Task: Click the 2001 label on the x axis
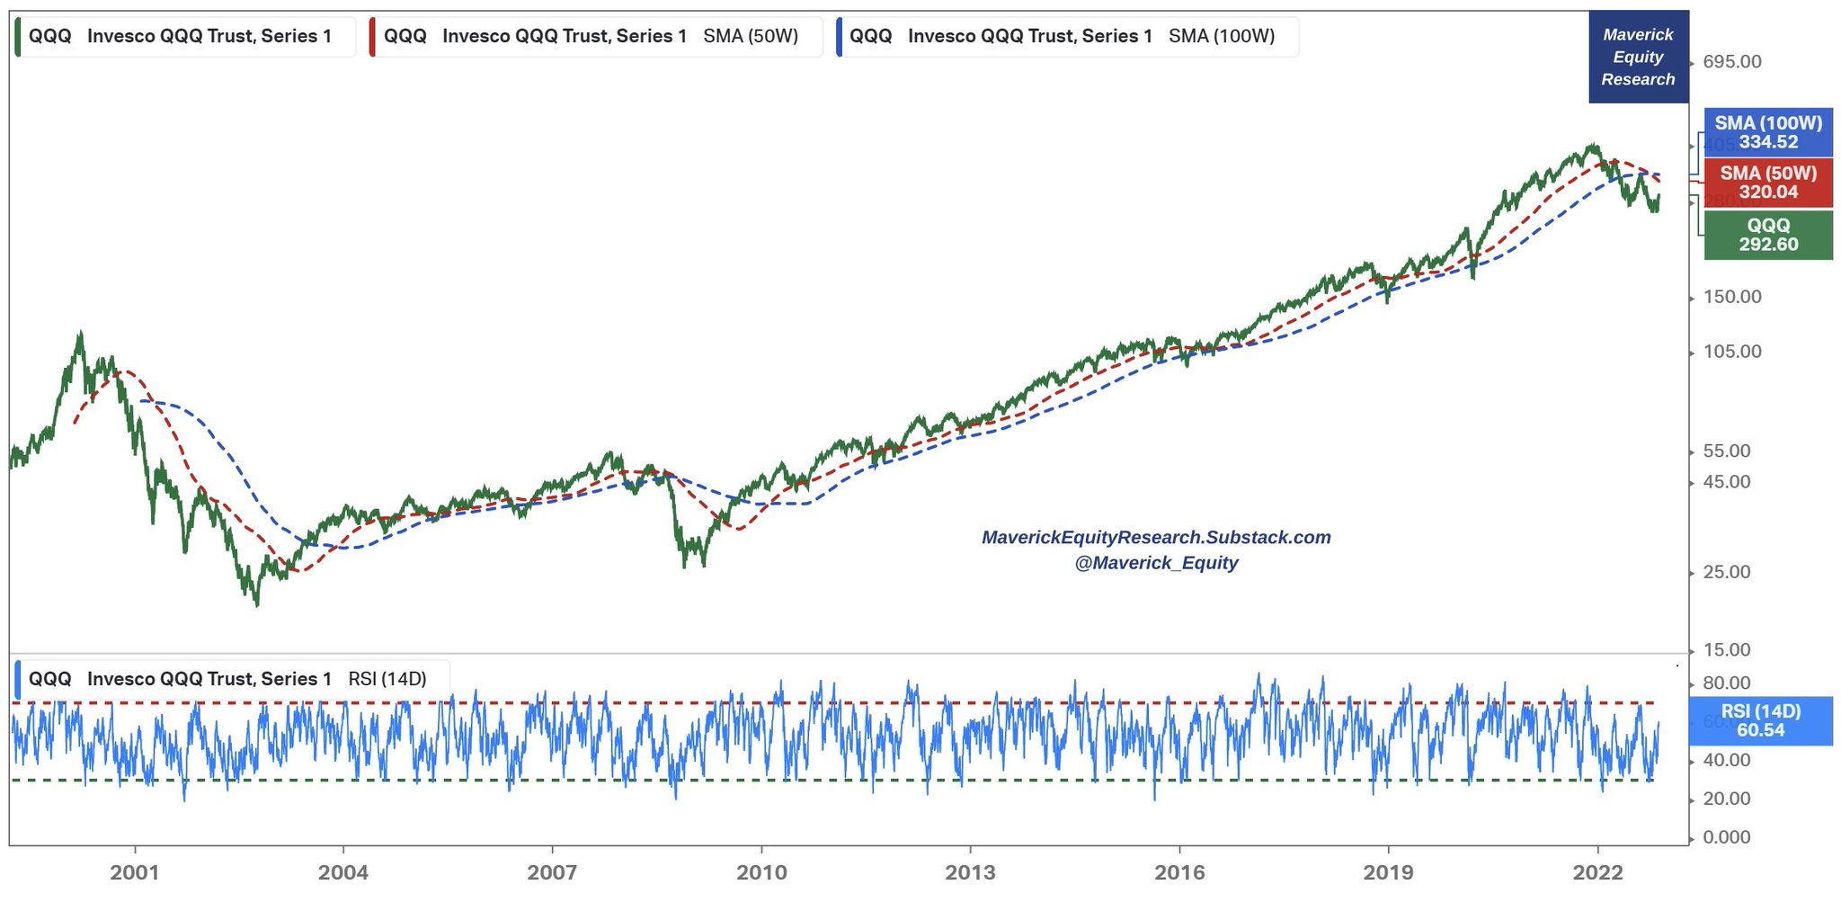(135, 872)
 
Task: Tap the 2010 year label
(761, 872)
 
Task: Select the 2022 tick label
(1597, 872)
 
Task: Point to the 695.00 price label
(1731, 62)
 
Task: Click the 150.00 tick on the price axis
(1731, 297)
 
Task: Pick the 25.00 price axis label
(1726, 572)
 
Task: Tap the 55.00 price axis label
(1726, 451)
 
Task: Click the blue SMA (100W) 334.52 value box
(1767, 132)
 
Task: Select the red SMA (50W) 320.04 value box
(1767, 183)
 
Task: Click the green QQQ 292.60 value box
(1767, 235)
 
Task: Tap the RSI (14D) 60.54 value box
(1760, 720)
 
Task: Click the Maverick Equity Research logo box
(1638, 57)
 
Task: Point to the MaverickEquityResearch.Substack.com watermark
(1156, 538)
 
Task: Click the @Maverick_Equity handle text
(1156, 563)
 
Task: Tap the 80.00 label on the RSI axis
(1726, 683)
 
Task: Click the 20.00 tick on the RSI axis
(1726, 799)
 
